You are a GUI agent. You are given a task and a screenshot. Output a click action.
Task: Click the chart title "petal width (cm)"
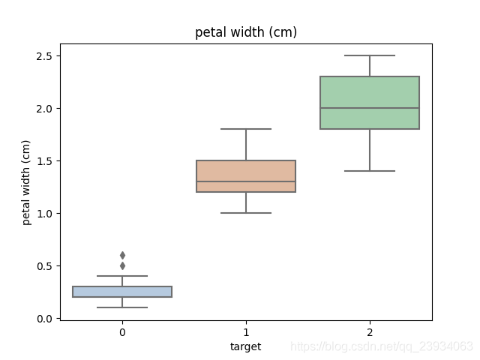tap(246, 32)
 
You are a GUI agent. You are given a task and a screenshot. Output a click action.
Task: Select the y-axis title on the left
tap(26, 182)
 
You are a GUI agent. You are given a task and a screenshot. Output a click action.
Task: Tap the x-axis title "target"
tap(245, 346)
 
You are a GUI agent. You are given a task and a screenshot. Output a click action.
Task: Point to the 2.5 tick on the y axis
tap(45, 56)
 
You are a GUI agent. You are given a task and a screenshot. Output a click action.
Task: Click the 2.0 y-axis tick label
tap(45, 109)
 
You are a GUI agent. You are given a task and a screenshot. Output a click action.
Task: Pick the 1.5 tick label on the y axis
tap(45, 161)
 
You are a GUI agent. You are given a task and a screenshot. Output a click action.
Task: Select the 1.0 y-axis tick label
tap(45, 214)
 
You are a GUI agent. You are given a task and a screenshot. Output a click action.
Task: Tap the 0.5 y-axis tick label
tap(45, 266)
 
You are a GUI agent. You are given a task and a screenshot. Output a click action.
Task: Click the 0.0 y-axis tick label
tap(45, 319)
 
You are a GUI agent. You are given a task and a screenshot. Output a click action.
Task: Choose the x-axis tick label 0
tap(122, 332)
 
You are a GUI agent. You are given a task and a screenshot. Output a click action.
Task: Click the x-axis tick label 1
tap(246, 332)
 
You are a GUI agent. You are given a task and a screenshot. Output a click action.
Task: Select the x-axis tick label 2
tap(370, 332)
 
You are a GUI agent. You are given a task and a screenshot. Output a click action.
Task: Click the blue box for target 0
tap(122, 292)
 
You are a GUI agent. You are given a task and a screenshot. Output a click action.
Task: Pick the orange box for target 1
tap(246, 176)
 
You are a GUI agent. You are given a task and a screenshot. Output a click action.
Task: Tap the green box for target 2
tap(370, 103)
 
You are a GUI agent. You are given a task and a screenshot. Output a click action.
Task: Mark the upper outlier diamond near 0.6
tap(122, 255)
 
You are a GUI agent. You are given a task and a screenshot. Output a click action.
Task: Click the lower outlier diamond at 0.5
tap(122, 266)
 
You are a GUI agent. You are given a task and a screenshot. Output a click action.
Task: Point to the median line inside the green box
tap(370, 108)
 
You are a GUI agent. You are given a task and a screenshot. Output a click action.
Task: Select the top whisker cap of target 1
tap(246, 129)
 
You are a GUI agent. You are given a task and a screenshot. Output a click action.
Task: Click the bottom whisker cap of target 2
tap(370, 171)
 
